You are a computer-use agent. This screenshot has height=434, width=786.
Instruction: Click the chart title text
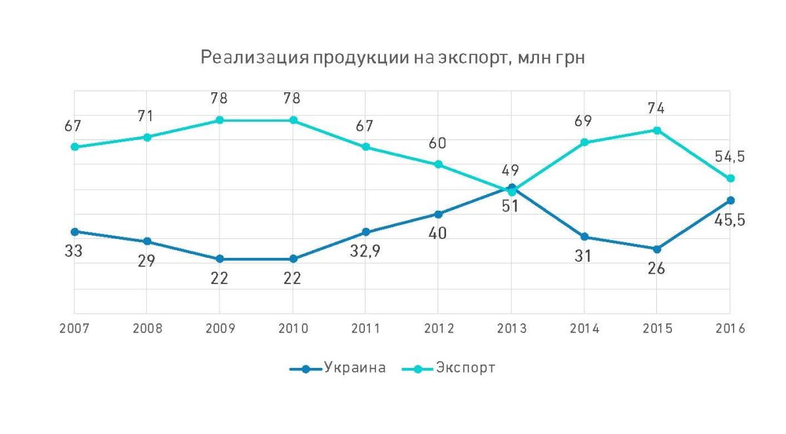pyautogui.click(x=392, y=59)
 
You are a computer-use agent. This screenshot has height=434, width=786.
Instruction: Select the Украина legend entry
pyautogui.click(x=354, y=368)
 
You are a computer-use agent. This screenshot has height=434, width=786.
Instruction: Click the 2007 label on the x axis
pyautogui.click(x=73, y=329)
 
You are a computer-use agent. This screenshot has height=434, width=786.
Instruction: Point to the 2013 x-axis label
pyautogui.click(x=512, y=329)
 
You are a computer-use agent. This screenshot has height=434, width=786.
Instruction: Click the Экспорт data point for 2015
pyautogui.click(x=658, y=130)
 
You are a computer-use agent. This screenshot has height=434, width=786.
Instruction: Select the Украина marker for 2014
pyautogui.click(x=585, y=237)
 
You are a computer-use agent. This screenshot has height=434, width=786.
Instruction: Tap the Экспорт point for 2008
pyautogui.click(x=147, y=137)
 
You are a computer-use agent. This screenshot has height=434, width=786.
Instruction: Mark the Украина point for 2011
pyautogui.click(x=365, y=232)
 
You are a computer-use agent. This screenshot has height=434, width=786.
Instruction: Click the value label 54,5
pyautogui.click(x=730, y=157)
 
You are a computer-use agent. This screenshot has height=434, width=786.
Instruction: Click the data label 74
pyautogui.click(x=655, y=109)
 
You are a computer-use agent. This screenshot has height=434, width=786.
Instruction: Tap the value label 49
pyautogui.click(x=511, y=171)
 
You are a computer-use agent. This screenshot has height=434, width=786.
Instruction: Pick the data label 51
pyautogui.click(x=510, y=206)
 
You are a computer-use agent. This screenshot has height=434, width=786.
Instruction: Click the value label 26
pyautogui.click(x=656, y=268)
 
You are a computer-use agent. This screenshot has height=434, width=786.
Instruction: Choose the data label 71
pyautogui.click(x=145, y=117)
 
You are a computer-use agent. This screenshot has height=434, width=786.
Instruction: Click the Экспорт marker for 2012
pyautogui.click(x=439, y=164)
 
